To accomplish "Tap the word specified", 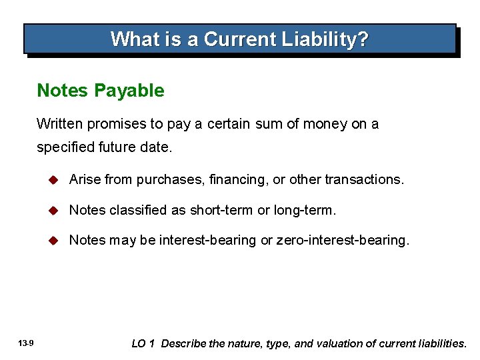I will pyautogui.click(x=65, y=147).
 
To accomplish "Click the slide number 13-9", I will pyautogui.click(x=27, y=343).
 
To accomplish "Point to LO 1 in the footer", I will pyautogui.click(x=143, y=343).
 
